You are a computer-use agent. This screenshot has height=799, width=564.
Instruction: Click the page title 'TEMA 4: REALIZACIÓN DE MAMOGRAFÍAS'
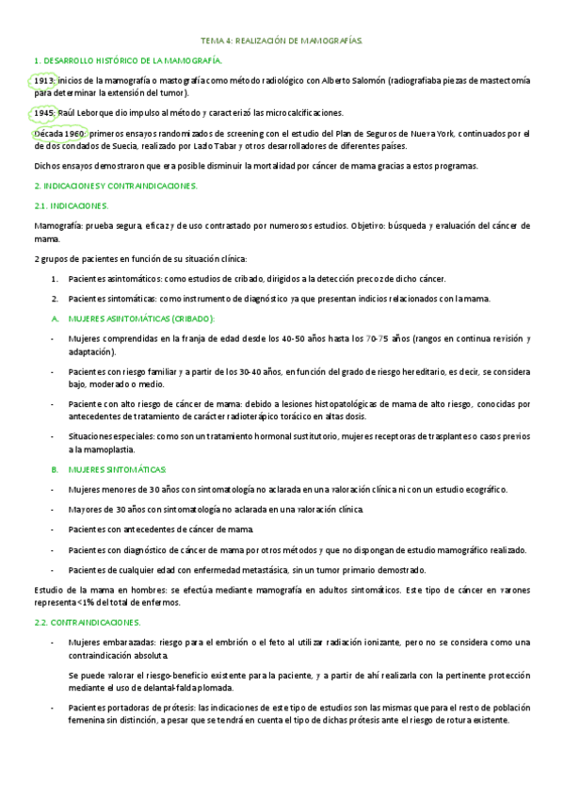[282, 41]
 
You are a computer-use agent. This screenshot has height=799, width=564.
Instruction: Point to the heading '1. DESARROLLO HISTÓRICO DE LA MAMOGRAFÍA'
[127, 60]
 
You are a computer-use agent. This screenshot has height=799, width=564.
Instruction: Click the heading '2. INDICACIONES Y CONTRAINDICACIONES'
[115, 186]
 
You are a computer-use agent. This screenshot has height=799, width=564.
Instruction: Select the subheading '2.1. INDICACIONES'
[71, 205]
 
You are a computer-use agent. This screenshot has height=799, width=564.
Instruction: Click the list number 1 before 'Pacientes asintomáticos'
[56, 278]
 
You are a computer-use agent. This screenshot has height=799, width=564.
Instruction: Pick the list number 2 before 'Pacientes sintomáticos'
[56, 299]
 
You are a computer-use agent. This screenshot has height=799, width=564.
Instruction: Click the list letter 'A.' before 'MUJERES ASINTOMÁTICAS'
[55, 318]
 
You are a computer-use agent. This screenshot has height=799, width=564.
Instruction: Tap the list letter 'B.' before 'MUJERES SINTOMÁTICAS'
[55, 469]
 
